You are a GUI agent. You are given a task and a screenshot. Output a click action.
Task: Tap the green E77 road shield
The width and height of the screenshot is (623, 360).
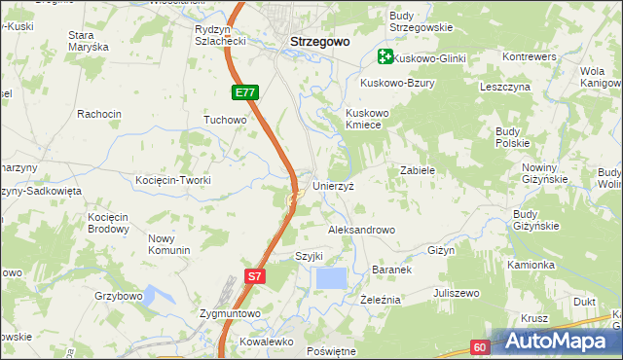[245, 93]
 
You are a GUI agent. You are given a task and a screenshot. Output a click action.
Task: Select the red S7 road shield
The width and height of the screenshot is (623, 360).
[254, 276]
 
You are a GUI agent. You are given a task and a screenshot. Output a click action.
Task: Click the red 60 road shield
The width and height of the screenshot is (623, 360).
[479, 347]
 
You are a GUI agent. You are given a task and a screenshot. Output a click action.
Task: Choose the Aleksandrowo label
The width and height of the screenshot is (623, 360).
[361, 230]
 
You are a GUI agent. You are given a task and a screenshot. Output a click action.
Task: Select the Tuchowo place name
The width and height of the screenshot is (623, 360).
[225, 120]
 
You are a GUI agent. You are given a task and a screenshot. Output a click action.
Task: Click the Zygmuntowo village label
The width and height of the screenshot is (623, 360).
[229, 313]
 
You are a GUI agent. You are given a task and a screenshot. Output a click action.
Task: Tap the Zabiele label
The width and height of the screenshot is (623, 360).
[417, 170]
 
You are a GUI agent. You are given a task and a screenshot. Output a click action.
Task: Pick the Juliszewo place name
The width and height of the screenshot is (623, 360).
[458, 293]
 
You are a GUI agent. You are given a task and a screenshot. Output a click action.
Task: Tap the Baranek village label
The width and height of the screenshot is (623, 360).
[393, 269]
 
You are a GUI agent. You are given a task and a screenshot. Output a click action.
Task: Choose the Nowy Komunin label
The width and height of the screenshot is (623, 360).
[168, 244]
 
